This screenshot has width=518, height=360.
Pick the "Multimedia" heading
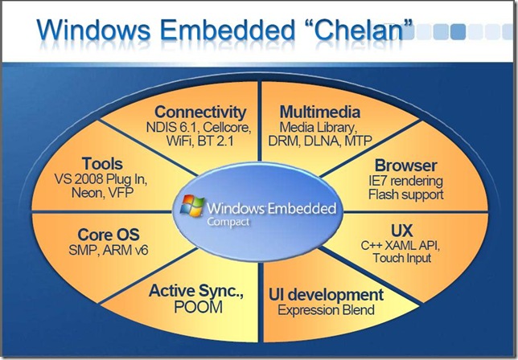pyautogui.click(x=319, y=112)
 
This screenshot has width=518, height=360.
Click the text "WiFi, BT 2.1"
pyautogui.click(x=199, y=142)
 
